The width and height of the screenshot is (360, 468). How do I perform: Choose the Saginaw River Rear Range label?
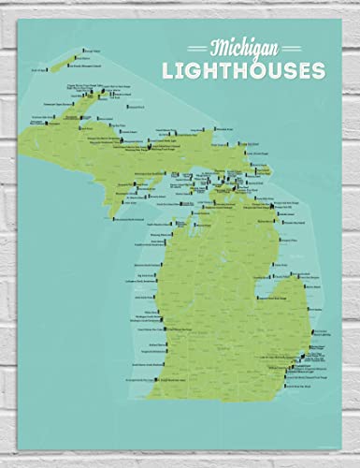[x=252, y=296]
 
